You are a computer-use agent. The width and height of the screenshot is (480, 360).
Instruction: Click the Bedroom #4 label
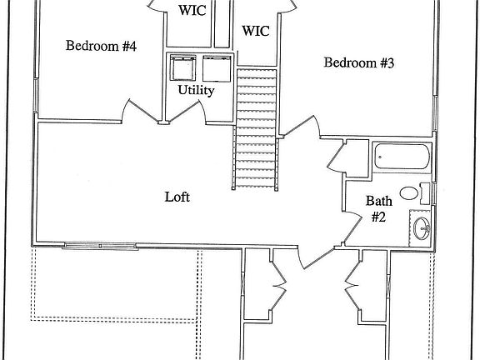click(x=101, y=46)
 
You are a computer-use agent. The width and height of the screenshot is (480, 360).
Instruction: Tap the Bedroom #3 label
click(x=359, y=62)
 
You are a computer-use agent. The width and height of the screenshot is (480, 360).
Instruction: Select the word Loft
click(x=177, y=197)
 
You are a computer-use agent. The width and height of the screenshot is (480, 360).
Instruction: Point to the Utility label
click(x=196, y=90)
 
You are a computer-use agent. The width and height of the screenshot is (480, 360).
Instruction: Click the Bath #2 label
click(x=378, y=209)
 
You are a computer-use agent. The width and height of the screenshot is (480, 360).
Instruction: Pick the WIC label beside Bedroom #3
click(x=256, y=31)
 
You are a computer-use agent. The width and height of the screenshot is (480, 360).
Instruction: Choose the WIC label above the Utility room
click(x=192, y=10)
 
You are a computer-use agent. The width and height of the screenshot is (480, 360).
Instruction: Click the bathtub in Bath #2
click(x=402, y=156)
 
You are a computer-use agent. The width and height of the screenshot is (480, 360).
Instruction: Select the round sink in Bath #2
click(x=422, y=228)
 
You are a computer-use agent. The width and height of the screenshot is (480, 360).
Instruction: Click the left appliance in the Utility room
click(x=182, y=67)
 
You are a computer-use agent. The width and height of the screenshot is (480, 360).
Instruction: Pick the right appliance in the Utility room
click(x=217, y=68)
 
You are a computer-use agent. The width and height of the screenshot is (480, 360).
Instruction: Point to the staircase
click(x=256, y=128)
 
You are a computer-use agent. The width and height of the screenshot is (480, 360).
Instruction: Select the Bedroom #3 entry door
click(x=301, y=126)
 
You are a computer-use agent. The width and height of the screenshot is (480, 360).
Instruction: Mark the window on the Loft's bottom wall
click(x=100, y=246)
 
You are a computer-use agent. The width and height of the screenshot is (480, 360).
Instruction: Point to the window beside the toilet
click(x=433, y=193)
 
